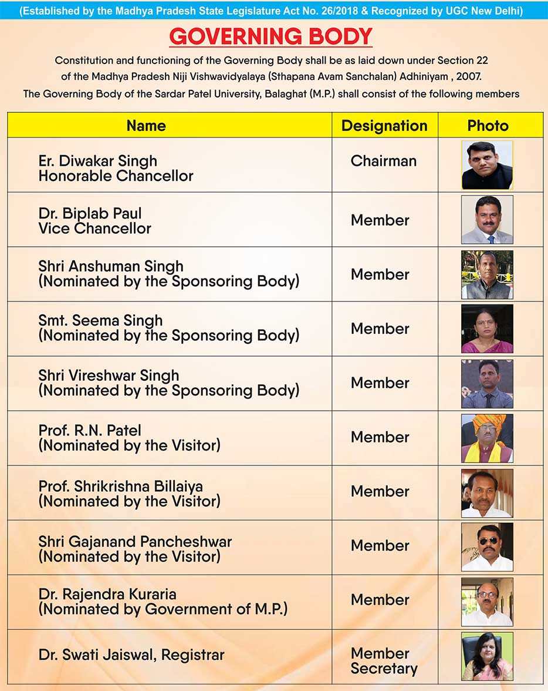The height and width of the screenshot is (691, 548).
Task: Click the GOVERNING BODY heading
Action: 270,37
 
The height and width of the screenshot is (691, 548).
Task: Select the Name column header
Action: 146,126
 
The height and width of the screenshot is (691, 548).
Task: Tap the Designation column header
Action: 384,126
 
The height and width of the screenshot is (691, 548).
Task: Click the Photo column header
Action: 488,126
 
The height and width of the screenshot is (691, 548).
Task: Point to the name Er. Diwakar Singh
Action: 97,161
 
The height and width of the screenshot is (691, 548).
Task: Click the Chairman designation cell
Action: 384,161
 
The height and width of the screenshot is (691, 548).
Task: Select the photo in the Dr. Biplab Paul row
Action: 487,220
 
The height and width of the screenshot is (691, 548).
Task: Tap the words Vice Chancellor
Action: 94,229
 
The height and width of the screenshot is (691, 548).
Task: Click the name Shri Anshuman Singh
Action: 111,266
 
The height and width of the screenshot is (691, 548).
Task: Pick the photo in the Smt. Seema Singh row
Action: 487,328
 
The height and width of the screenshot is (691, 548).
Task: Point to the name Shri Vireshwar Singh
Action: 109,375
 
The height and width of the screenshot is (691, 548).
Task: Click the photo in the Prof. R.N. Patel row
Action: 487,438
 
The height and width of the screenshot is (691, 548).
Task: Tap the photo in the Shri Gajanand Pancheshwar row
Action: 487,546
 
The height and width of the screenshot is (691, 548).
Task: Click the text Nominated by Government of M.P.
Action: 163,609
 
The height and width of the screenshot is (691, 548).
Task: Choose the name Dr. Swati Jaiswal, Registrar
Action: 131,655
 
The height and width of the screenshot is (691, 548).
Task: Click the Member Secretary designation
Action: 384,661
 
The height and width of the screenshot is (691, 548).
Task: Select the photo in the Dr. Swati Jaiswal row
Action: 487,656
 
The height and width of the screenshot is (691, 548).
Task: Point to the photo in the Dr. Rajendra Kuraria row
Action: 487,601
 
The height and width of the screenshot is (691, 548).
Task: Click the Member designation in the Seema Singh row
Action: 380,328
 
